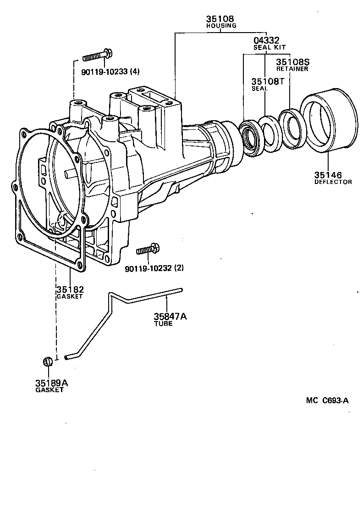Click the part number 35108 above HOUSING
tap(220, 19)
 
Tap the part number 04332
tap(266, 41)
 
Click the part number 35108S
tap(292, 62)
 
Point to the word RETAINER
tap(292, 69)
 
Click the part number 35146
tap(328, 175)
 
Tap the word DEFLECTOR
tap(333, 182)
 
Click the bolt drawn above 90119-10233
tap(98, 57)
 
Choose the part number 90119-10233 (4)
tap(110, 71)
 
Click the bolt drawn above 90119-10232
tap(148, 250)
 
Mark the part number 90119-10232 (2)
tap(154, 267)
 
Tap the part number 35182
tap(70, 289)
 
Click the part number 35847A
tap(170, 317)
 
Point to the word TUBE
tap(163, 323)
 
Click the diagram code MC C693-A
tap(327, 400)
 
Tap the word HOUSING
tap(220, 26)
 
